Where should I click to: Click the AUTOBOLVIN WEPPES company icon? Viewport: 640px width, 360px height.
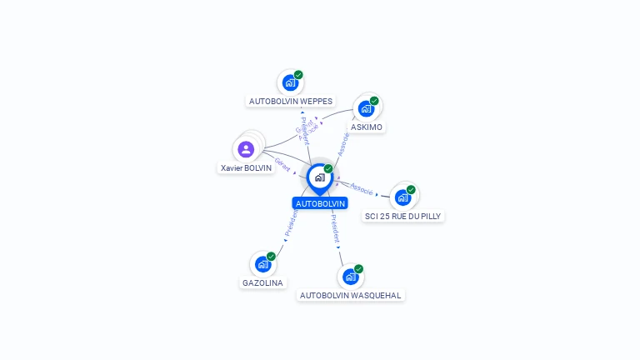290,82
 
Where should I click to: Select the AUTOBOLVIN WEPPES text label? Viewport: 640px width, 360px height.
291,102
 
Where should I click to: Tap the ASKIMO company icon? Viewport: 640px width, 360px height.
366,108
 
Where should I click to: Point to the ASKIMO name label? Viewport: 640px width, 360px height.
367,127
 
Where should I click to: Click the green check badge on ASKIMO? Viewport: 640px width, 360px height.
374,101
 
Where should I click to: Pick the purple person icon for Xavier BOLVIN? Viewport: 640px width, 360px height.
246,149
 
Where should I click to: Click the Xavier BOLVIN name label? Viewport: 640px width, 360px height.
247,168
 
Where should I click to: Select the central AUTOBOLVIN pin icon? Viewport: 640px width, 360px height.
319,177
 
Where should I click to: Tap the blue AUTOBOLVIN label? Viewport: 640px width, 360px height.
320,203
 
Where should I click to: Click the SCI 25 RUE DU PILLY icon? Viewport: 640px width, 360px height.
402,197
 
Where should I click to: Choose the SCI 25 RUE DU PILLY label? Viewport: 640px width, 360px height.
404,217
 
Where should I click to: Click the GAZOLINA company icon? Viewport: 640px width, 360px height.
263,264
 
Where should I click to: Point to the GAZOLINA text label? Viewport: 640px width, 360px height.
262,283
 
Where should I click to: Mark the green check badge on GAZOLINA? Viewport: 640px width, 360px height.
271,257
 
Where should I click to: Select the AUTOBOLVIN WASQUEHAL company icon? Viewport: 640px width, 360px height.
351,277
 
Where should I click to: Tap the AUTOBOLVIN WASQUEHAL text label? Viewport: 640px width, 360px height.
351,296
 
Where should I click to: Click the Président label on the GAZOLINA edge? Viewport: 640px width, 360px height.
291,223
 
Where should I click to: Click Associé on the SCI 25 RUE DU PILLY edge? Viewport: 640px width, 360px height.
362,188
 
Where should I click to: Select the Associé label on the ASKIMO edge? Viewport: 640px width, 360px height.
343,143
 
